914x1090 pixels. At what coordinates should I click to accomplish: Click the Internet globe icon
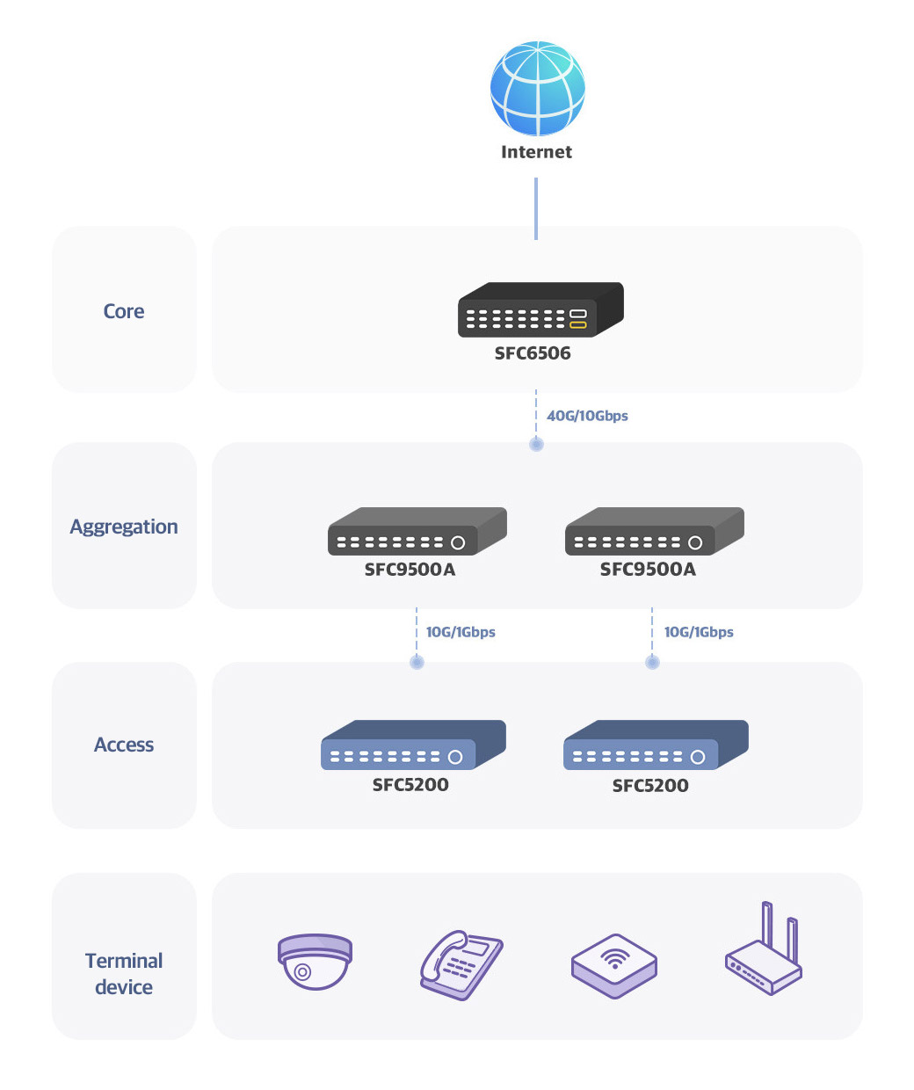coord(537,88)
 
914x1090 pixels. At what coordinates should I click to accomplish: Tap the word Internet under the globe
coord(536,152)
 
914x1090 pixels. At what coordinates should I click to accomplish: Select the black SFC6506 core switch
coord(540,309)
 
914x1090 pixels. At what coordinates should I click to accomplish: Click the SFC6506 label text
coord(533,353)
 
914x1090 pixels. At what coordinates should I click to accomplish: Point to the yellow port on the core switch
coord(577,324)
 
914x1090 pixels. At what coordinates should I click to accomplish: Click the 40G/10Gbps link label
coord(587,416)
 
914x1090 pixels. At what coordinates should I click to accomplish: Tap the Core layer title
coord(124,311)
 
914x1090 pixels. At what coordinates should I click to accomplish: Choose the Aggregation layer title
coord(124,527)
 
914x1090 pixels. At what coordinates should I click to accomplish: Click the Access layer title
coord(124,745)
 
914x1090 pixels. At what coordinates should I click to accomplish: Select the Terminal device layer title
coord(124,974)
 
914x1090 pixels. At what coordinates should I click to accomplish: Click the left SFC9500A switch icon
coord(417,531)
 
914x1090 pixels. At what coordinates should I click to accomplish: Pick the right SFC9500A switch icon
coord(655,531)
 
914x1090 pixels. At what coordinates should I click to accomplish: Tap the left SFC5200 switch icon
coord(413,745)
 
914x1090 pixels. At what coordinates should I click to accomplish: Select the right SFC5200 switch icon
coord(656,745)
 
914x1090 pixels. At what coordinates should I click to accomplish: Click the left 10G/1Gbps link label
coord(461,632)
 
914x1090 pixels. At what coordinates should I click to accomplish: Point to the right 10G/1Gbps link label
coord(699,632)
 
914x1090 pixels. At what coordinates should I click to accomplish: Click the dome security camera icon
coord(315,961)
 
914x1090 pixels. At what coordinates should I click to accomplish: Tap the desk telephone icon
coord(461,964)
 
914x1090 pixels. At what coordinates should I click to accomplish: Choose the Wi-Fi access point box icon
coord(613,966)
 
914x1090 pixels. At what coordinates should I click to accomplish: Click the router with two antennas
coord(763,948)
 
